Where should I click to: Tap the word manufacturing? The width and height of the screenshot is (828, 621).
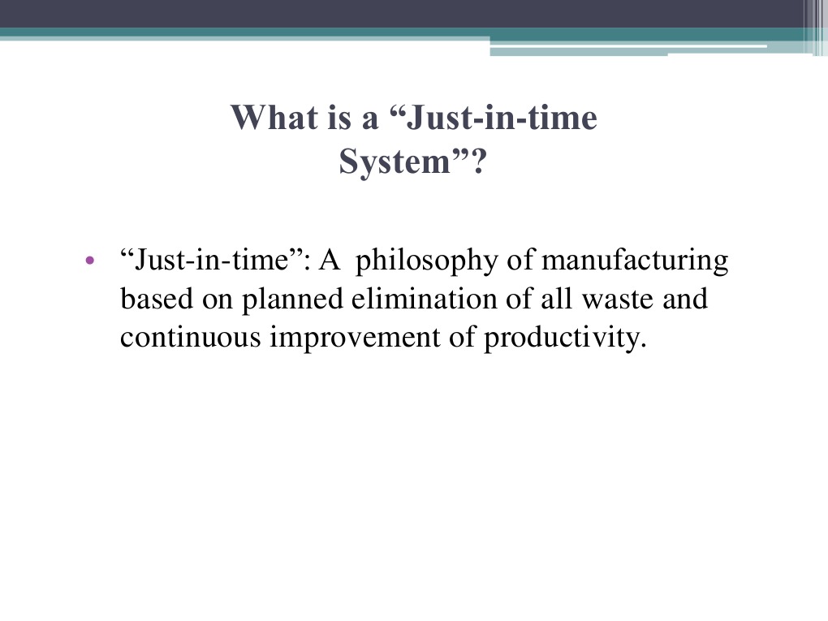635,262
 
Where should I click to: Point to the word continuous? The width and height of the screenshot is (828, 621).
191,338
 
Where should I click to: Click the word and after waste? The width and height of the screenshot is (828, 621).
685,300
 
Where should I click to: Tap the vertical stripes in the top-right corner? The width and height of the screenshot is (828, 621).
814,24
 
